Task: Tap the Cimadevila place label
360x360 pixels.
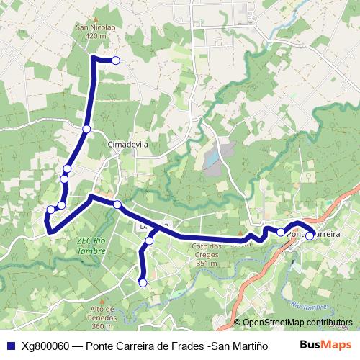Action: pos(127,144)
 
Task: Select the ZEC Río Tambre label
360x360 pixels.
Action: pos(91,246)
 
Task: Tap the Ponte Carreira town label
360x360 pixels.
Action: pos(315,234)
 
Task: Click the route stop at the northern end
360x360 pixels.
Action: pos(115,60)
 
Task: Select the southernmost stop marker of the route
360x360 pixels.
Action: pos(143,283)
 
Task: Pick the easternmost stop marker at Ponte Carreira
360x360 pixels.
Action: pos(310,235)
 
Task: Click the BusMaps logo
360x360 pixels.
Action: pos(325,345)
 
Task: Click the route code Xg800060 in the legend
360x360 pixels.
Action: pos(45,346)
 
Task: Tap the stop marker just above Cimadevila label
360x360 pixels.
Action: pos(86,129)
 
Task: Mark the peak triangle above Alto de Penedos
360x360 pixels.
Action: pos(103,301)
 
